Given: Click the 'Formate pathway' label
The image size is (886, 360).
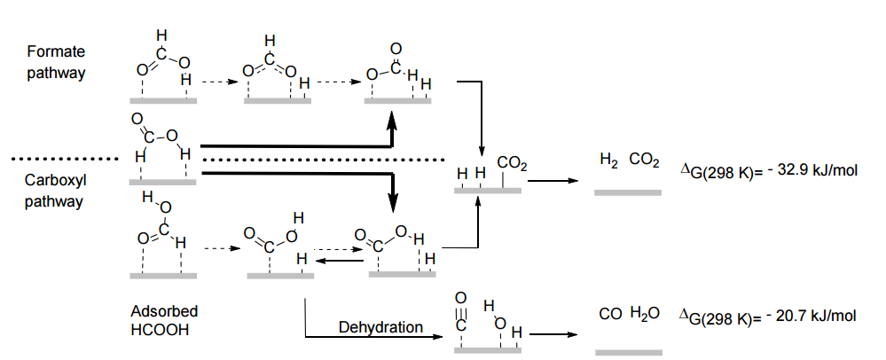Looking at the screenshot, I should click(56, 63).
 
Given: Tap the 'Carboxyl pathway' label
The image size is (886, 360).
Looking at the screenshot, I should click(55, 191).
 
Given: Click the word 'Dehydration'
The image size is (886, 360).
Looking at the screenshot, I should click(380, 328).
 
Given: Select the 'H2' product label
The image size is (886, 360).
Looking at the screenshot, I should click(609, 160).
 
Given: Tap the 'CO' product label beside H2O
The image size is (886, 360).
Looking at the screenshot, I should click(608, 316).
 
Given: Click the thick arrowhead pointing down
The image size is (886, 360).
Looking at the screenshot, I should click(391, 203).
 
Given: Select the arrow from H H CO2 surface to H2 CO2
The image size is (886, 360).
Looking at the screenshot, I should click(551, 180).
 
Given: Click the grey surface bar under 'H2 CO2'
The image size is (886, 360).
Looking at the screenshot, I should click(628, 192).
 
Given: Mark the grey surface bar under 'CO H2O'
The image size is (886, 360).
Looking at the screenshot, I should click(628, 352).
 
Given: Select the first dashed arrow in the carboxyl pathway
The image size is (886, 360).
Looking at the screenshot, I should click(218, 248).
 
